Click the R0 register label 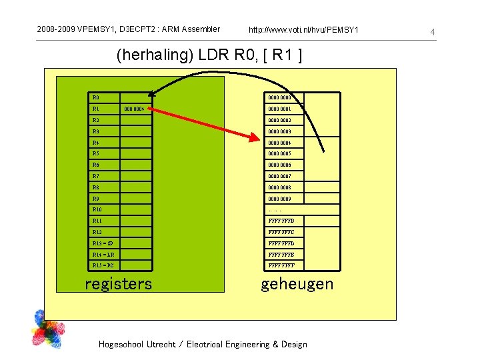point(96,98)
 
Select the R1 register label point(96,109)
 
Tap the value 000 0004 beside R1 point(134,109)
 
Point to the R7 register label point(96,176)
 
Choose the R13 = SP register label point(103,243)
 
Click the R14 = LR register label point(103,255)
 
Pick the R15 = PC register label point(103,266)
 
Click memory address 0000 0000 point(279,98)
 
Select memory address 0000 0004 point(279,143)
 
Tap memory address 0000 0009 point(279,199)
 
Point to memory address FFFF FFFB point(281,221)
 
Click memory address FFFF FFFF point(281,266)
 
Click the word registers point(118,284)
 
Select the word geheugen point(297,284)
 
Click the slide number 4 point(433,32)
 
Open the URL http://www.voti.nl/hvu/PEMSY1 point(303,30)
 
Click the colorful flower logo point(50,329)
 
